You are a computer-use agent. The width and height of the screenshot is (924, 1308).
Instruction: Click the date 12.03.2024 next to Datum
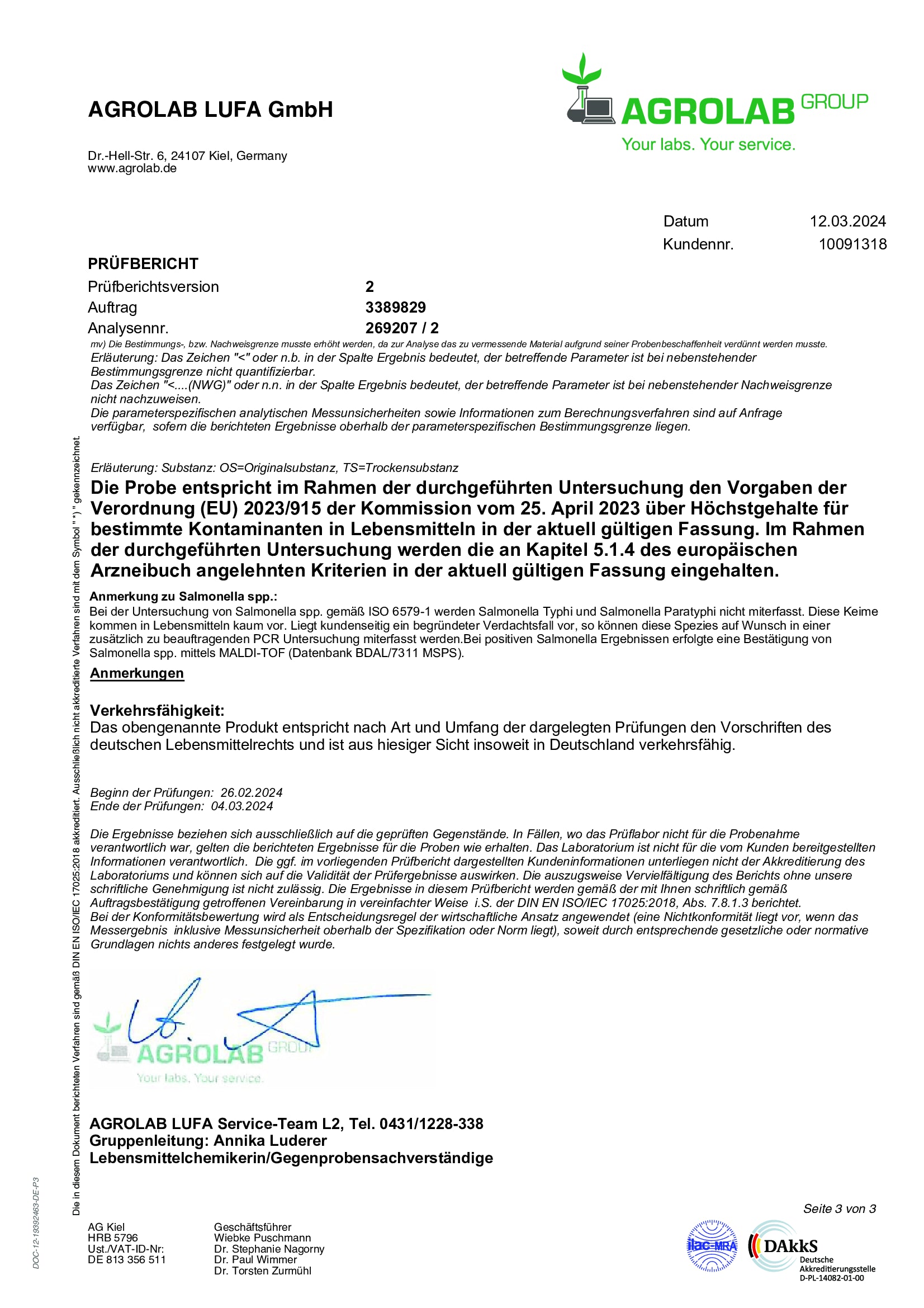[847, 221]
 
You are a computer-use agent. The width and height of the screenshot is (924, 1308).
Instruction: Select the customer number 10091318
[852, 244]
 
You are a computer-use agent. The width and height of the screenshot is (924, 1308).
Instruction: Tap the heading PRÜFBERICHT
[143, 264]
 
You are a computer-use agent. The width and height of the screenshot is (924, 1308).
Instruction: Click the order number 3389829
[395, 308]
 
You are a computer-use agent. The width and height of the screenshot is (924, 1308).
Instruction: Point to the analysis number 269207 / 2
[401, 328]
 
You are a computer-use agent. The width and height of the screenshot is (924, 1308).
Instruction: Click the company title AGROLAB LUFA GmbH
[210, 110]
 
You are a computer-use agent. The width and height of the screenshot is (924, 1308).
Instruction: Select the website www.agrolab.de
[131, 169]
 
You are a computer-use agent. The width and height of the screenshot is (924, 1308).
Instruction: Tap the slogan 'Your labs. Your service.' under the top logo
[708, 144]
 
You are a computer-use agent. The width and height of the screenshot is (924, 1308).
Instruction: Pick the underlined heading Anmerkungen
[136, 673]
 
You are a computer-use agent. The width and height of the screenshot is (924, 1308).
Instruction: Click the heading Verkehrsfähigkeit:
[157, 710]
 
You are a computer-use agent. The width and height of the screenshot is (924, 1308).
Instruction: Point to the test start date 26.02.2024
[251, 792]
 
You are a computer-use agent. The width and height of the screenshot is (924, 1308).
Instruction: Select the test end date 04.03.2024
[241, 806]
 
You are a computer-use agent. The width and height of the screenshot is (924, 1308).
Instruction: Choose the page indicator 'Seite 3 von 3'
[839, 1209]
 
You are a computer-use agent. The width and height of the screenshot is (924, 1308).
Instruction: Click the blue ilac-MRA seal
[712, 1246]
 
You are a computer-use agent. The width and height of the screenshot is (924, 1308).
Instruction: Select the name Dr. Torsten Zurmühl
[263, 1271]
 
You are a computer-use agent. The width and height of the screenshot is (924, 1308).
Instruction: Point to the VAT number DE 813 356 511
[126, 1259]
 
